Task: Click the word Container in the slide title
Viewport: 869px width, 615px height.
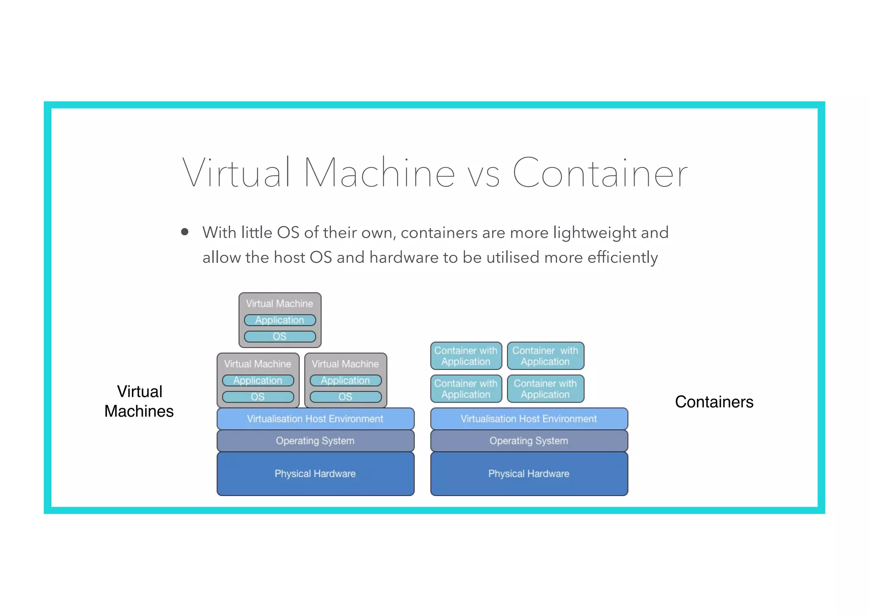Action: pyautogui.click(x=600, y=173)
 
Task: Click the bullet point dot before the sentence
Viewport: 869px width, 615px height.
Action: pyautogui.click(x=185, y=232)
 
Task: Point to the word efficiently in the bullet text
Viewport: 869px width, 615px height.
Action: pyautogui.click(x=622, y=257)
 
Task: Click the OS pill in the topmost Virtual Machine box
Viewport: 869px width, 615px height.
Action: pyautogui.click(x=280, y=337)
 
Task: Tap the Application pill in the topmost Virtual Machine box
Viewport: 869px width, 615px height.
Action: pyautogui.click(x=280, y=320)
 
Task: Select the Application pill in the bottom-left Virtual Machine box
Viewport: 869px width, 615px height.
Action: pyautogui.click(x=258, y=381)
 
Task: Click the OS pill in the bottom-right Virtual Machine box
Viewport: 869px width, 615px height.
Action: pyautogui.click(x=345, y=397)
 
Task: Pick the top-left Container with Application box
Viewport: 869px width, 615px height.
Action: pyautogui.click(x=466, y=356)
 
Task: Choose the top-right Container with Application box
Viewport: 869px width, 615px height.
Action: pyautogui.click(x=545, y=356)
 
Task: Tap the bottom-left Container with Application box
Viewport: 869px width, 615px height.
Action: pyautogui.click(x=466, y=389)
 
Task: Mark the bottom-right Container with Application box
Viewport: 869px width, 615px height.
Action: pyautogui.click(x=545, y=389)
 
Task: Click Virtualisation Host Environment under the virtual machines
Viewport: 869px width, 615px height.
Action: pyautogui.click(x=315, y=419)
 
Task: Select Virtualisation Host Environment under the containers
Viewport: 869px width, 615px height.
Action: pyautogui.click(x=529, y=419)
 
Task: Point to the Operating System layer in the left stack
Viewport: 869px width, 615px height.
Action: pyautogui.click(x=315, y=441)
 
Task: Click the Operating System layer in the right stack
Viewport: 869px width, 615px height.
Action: pyautogui.click(x=529, y=441)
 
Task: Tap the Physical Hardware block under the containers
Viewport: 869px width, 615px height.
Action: pyautogui.click(x=529, y=474)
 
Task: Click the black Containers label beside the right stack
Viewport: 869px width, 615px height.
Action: pyautogui.click(x=714, y=402)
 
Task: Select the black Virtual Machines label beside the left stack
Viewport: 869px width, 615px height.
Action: pyautogui.click(x=139, y=401)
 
